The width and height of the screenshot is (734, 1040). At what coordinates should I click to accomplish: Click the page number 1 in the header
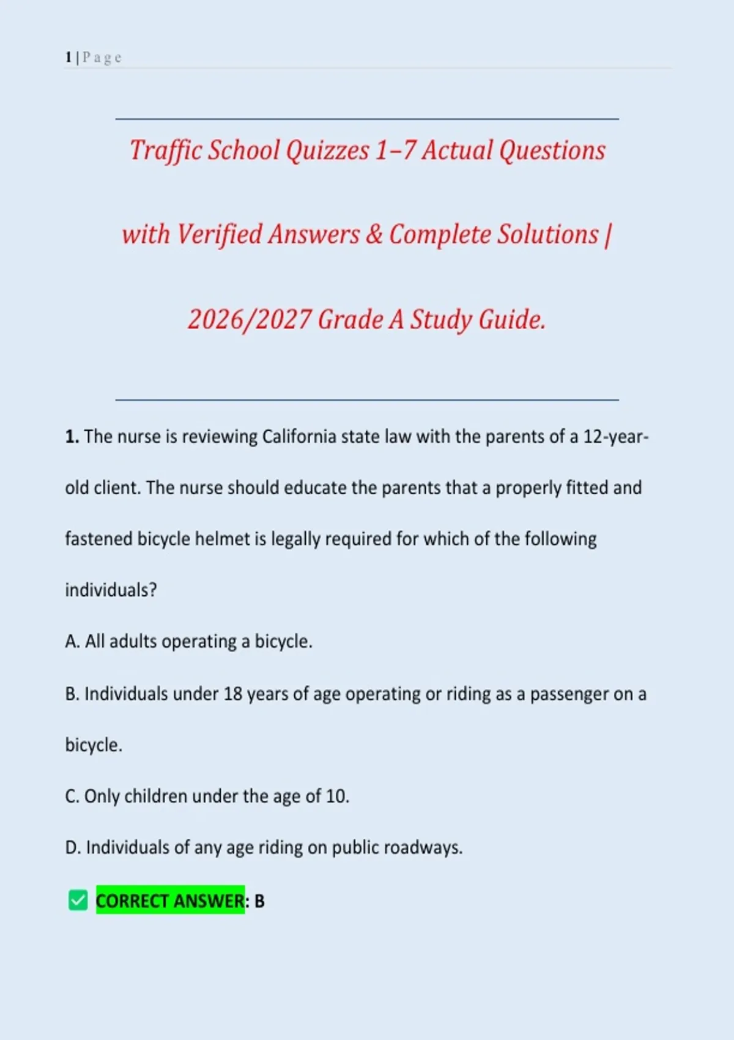[69, 58]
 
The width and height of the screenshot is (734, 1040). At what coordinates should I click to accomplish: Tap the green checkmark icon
[78, 901]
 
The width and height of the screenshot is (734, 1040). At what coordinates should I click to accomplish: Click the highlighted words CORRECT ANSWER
[170, 901]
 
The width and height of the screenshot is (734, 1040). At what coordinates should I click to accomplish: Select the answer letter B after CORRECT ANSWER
[259, 901]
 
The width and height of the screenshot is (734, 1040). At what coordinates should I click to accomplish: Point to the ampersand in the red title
[374, 235]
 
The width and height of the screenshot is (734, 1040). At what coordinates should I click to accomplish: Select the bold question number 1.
[71, 437]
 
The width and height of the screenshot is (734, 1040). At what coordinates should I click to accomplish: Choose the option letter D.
[72, 848]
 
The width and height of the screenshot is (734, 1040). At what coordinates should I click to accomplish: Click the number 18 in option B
[233, 694]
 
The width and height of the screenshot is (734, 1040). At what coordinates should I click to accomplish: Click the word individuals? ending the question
[111, 590]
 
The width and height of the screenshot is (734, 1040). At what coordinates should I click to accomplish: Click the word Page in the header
[102, 58]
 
